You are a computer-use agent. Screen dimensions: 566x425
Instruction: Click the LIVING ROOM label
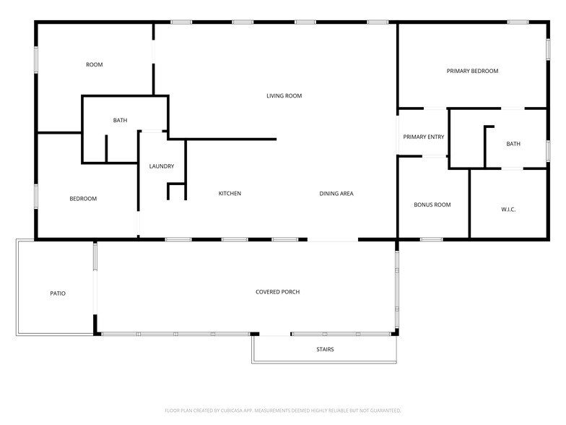(x=284, y=95)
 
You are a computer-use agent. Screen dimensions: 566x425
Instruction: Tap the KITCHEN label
(x=230, y=194)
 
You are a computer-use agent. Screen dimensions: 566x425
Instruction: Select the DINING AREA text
(x=336, y=194)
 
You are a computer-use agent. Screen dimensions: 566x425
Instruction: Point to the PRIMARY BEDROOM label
(x=472, y=71)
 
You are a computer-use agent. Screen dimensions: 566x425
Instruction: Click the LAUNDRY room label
(x=162, y=166)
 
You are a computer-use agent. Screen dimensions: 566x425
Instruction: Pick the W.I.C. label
(x=508, y=210)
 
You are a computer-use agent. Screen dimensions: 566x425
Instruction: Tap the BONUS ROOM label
(x=432, y=205)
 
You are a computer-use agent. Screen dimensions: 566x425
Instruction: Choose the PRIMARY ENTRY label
(x=423, y=137)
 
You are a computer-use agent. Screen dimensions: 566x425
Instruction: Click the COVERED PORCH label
(x=277, y=292)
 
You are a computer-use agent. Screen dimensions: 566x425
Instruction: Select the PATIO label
(x=58, y=293)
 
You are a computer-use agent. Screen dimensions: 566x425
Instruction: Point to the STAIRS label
(x=325, y=349)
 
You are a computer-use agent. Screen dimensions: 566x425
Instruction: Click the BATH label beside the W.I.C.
(x=513, y=143)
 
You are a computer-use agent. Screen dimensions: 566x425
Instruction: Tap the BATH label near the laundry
(x=120, y=120)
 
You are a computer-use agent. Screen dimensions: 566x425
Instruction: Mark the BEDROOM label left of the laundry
(x=83, y=198)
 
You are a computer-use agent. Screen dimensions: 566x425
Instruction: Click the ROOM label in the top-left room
(x=94, y=64)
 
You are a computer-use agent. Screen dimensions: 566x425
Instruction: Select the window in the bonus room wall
(x=432, y=239)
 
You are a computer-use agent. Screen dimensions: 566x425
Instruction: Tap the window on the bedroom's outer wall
(x=36, y=197)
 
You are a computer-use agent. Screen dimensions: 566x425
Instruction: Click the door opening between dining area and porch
(x=332, y=240)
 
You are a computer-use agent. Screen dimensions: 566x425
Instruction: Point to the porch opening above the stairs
(x=274, y=334)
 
